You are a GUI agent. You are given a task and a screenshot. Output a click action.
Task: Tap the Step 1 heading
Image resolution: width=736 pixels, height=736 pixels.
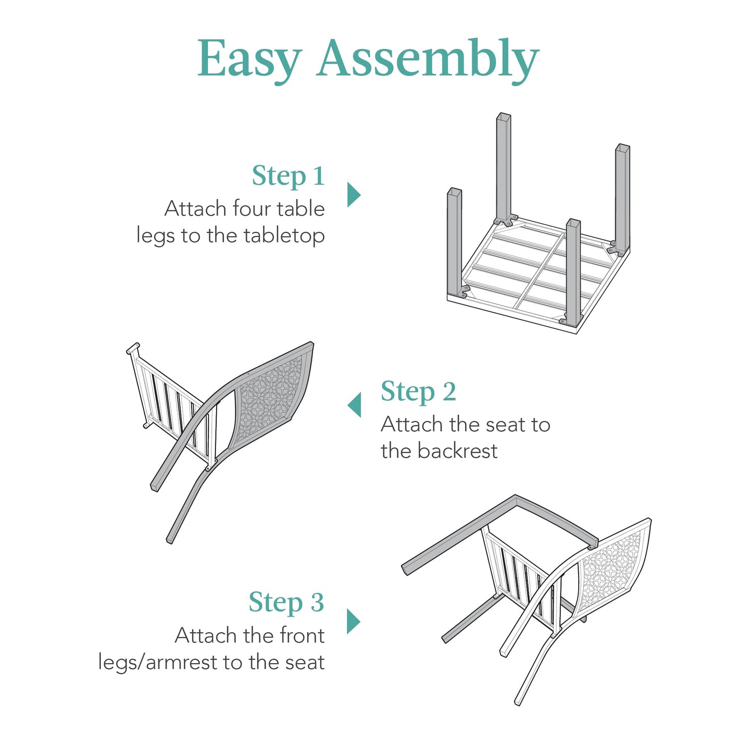click(x=288, y=176)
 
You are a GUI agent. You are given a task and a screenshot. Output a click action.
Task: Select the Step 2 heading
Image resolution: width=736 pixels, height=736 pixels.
click(x=418, y=392)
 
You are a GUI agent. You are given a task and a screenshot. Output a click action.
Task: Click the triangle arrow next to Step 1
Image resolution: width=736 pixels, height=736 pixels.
click(x=353, y=195)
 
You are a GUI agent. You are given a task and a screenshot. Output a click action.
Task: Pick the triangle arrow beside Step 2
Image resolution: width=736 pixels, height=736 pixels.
click(x=355, y=405)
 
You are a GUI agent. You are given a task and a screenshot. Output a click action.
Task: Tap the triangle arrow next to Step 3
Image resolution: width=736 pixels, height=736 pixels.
click(x=353, y=621)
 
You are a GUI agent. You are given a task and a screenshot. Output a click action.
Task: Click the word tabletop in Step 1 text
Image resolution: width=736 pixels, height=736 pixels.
click(x=284, y=236)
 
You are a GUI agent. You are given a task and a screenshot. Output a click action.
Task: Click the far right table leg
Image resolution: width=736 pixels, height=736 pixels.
click(x=622, y=199)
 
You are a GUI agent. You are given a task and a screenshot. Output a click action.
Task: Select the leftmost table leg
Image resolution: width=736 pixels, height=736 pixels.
click(x=454, y=239)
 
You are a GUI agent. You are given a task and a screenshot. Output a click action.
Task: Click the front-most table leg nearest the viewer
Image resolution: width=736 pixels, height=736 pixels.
click(x=573, y=270)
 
